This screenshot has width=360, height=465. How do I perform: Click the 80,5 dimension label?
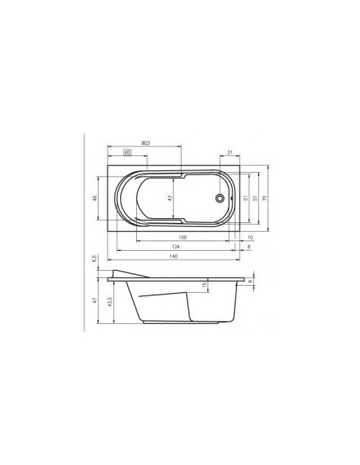pos(146,143)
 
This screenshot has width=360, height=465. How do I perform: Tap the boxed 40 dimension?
pos(127,151)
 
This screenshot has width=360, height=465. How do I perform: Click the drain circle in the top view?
pos(219,197)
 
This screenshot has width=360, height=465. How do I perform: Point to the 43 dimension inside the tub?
pos(169,197)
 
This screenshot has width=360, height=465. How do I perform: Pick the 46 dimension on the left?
pos(94,197)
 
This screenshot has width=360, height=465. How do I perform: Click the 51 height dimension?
pos(245,197)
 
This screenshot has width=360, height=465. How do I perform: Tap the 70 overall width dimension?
pos(265,197)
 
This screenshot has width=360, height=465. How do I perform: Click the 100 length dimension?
pos(182,237)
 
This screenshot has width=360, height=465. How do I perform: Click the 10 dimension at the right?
pos(249,237)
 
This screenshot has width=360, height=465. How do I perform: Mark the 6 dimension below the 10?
pos(249,248)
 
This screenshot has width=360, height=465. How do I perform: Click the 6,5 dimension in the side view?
pos(94,259)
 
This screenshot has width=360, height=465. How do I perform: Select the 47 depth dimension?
pos(94,301)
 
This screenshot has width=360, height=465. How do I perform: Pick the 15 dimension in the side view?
pos(204,285)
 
